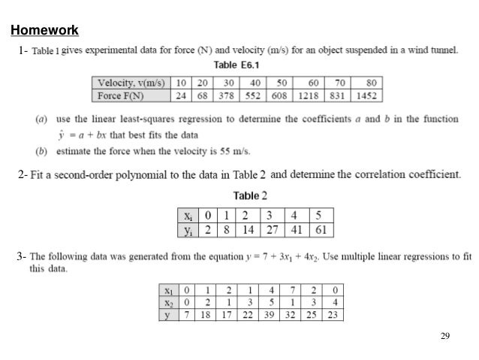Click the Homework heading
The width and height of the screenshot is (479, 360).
(x=44, y=30)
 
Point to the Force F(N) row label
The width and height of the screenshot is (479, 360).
(x=120, y=95)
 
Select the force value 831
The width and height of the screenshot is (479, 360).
(x=338, y=95)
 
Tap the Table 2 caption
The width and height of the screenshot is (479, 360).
(x=250, y=195)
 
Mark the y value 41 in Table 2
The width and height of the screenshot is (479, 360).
(x=297, y=229)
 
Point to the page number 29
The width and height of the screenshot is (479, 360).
(x=444, y=336)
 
